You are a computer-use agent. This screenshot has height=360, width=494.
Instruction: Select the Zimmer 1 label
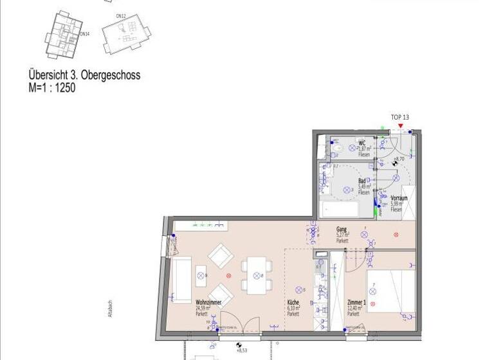click(x=356, y=301)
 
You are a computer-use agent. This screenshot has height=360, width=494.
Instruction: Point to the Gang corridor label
click(x=342, y=229)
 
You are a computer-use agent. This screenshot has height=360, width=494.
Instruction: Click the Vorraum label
click(x=399, y=199)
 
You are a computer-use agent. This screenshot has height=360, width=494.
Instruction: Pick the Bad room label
click(x=362, y=182)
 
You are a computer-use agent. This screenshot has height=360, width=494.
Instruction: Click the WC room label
click(x=362, y=143)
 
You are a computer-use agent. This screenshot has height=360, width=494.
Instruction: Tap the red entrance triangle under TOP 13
click(x=400, y=126)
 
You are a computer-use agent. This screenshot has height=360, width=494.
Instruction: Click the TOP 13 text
click(x=400, y=117)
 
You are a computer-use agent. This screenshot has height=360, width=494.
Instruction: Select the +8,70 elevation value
click(x=399, y=159)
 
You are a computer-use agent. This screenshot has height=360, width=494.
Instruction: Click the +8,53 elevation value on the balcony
click(x=242, y=350)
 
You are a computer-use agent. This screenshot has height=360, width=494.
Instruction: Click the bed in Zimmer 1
click(x=390, y=291)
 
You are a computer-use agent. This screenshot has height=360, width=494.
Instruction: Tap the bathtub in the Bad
click(x=340, y=209)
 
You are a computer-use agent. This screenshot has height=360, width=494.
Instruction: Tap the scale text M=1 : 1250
click(x=52, y=88)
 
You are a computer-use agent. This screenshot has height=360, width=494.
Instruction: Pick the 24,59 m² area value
click(x=204, y=308)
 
